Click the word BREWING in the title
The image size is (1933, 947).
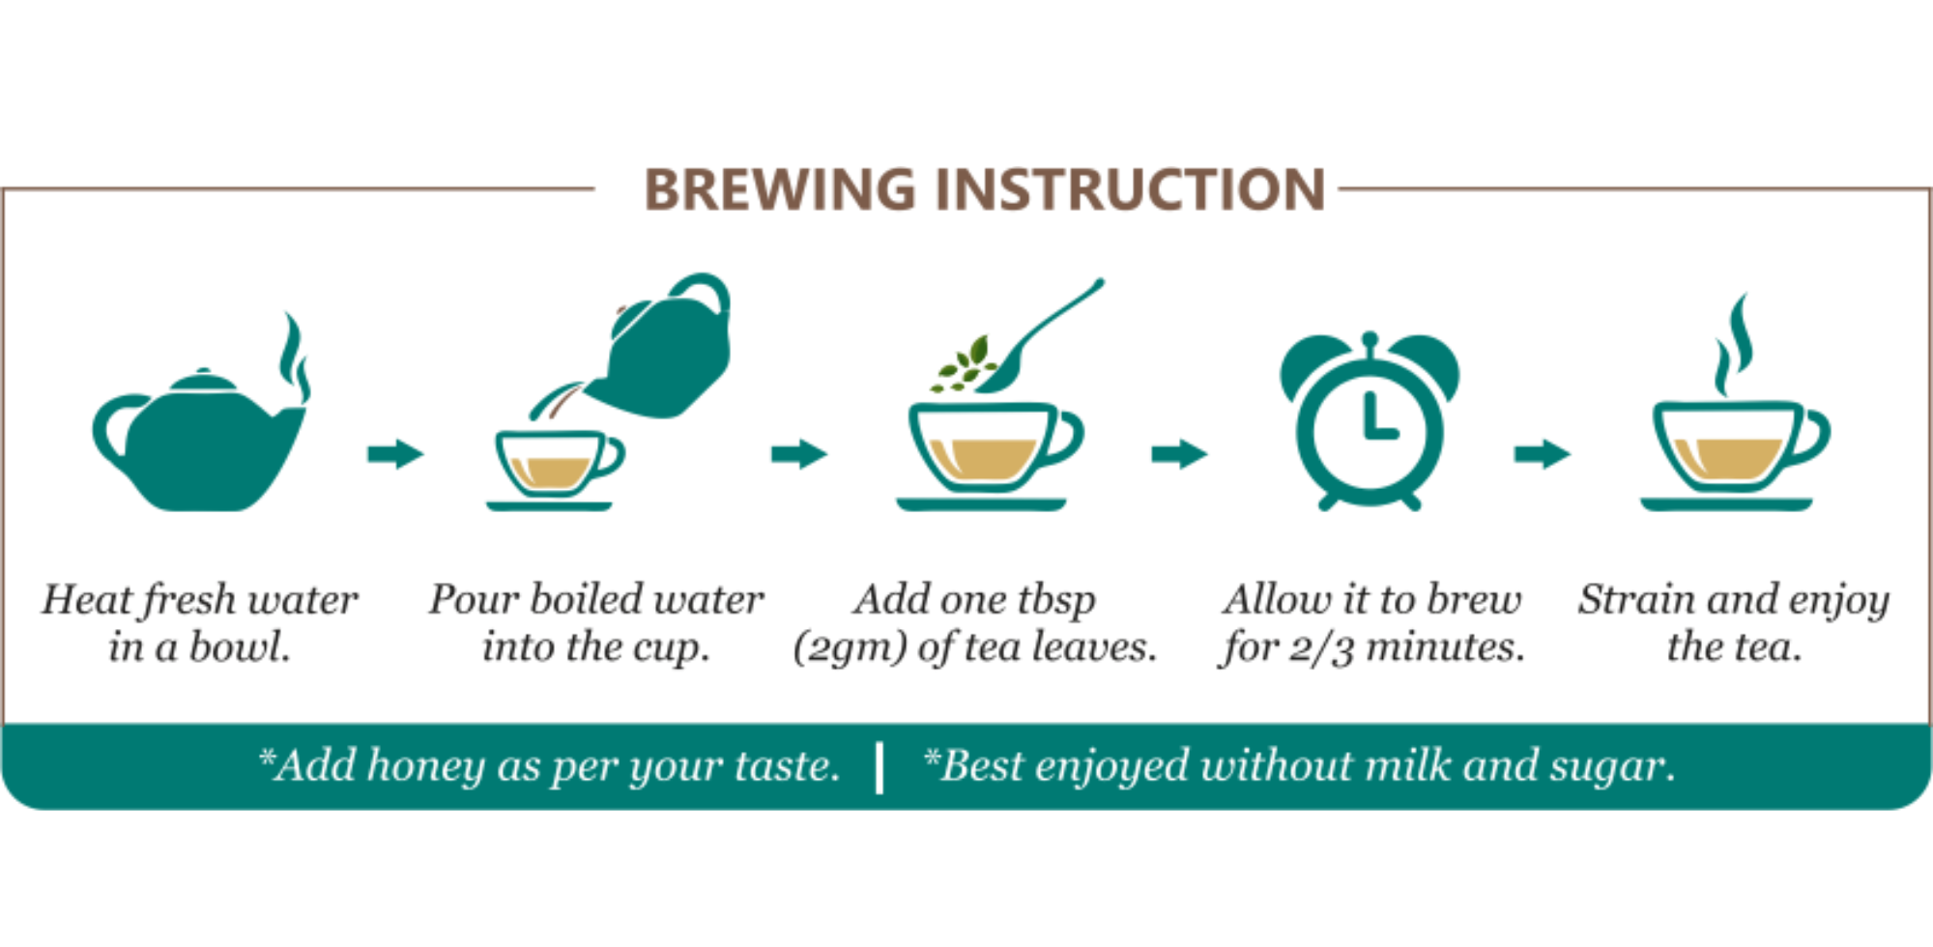(779, 189)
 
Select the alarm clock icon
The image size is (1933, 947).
(1370, 421)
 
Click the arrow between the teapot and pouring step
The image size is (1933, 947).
(395, 453)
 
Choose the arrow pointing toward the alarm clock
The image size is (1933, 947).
(1179, 453)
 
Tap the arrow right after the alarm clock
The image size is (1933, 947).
(1542, 453)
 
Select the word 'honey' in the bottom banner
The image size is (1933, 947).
(425, 767)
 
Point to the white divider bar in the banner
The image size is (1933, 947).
(880, 767)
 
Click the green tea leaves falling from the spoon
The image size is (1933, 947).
(965, 364)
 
